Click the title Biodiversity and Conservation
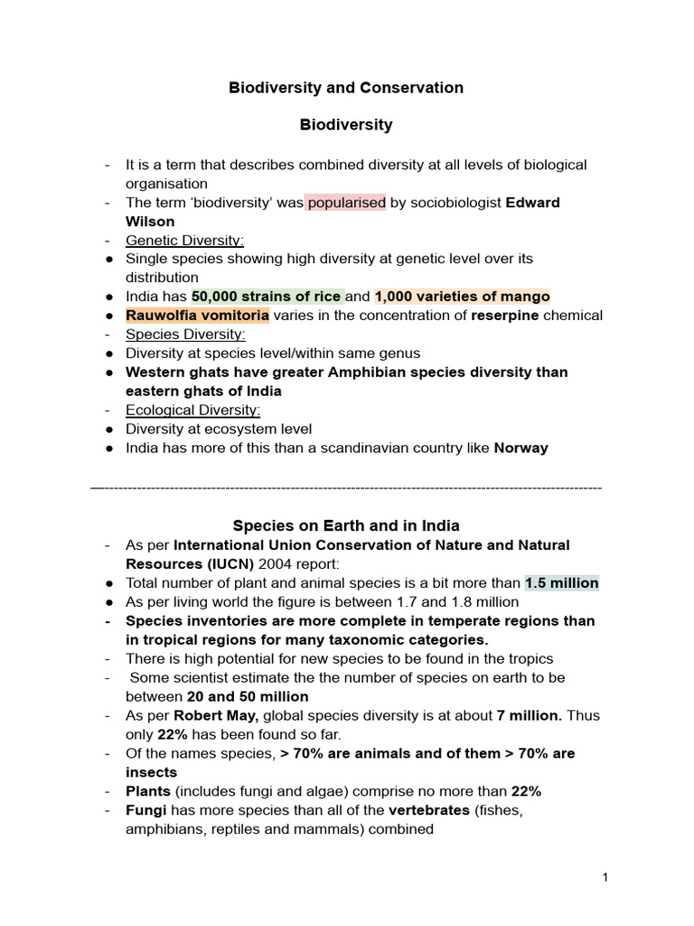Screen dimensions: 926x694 click(x=346, y=88)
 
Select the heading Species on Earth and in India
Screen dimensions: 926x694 click(x=346, y=525)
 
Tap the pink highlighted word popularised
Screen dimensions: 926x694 click(x=345, y=203)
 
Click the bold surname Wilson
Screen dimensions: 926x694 click(x=150, y=222)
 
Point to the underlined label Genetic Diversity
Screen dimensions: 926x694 click(x=184, y=241)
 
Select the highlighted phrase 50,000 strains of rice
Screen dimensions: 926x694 click(x=267, y=297)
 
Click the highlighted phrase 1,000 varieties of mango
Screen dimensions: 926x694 click(x=462, y=297)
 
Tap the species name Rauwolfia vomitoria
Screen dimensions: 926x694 click(x=197, y=316)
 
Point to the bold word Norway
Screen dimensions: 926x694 click(x=520, y=449)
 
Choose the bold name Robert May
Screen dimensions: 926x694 click(x=213, y=715)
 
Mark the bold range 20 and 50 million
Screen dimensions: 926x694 click(x=247, y=696)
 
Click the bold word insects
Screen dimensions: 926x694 click(x=151, y=772)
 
